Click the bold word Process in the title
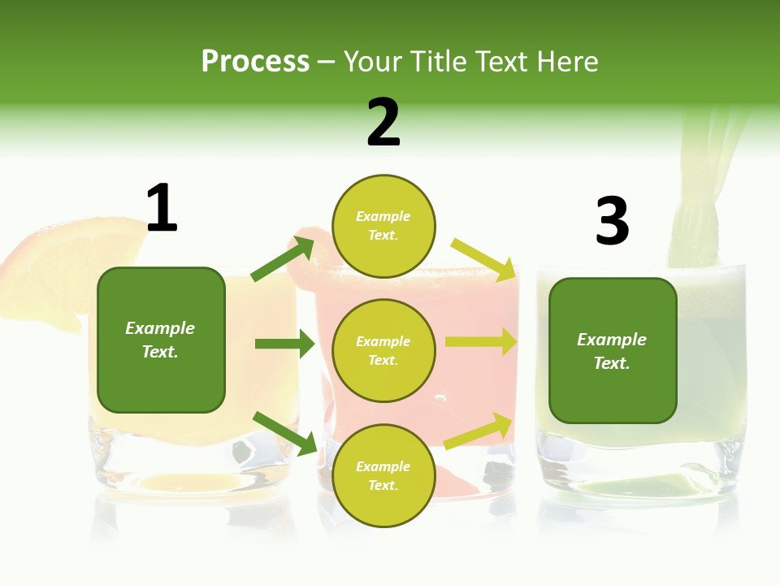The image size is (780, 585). pyautogui.click(x=255, y=62)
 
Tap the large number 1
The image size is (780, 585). pyautogui.click(x=162, y=209)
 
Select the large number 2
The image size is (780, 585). pyautogui.click(x=383, y=123)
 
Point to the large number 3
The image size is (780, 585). pyautogui.click(x=612, y=221)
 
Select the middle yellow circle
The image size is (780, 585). pyautogui.click(x=383, y=350)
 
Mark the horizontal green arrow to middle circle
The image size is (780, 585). pyautogui.click(x=284, y=344)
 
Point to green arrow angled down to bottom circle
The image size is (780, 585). pyautogui.click(x=284, y=433)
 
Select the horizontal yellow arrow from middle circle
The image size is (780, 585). pyautogui.click(x=481, y=342)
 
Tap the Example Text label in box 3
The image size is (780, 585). pyautogui.click(x=612, y=351)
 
